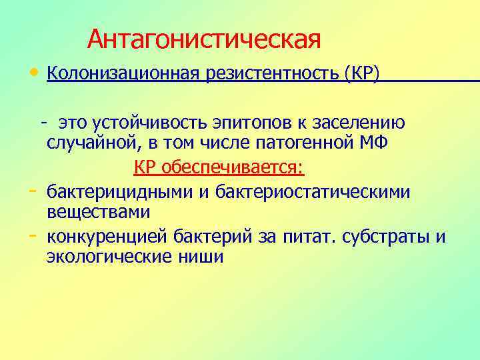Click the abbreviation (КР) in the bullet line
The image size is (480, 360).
363,74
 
